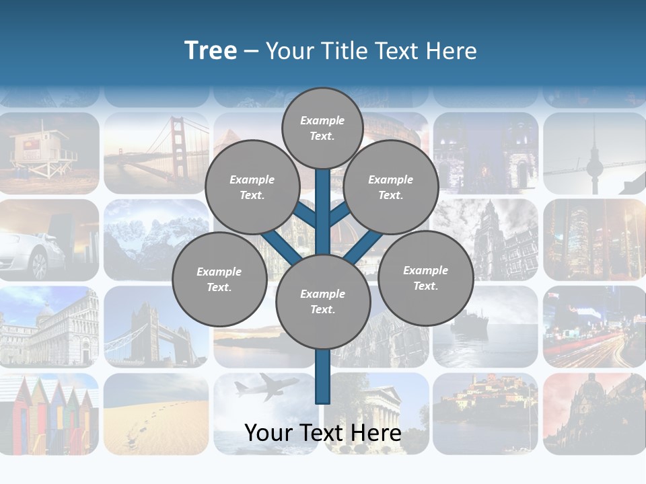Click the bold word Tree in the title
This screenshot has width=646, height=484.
211,51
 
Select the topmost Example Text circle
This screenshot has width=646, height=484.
322,128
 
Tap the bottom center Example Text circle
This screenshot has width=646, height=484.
322,302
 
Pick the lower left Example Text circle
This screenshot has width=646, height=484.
219,280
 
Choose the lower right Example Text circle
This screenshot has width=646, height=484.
425,278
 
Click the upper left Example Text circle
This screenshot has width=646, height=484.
252,188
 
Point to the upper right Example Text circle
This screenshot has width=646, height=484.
390,188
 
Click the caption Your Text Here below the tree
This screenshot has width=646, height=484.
322,434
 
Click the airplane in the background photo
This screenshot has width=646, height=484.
266,387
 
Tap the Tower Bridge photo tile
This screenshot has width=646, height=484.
156,327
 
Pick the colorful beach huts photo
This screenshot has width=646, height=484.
48,413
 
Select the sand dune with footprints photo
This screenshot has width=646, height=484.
156,413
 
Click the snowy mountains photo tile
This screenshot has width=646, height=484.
156,239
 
